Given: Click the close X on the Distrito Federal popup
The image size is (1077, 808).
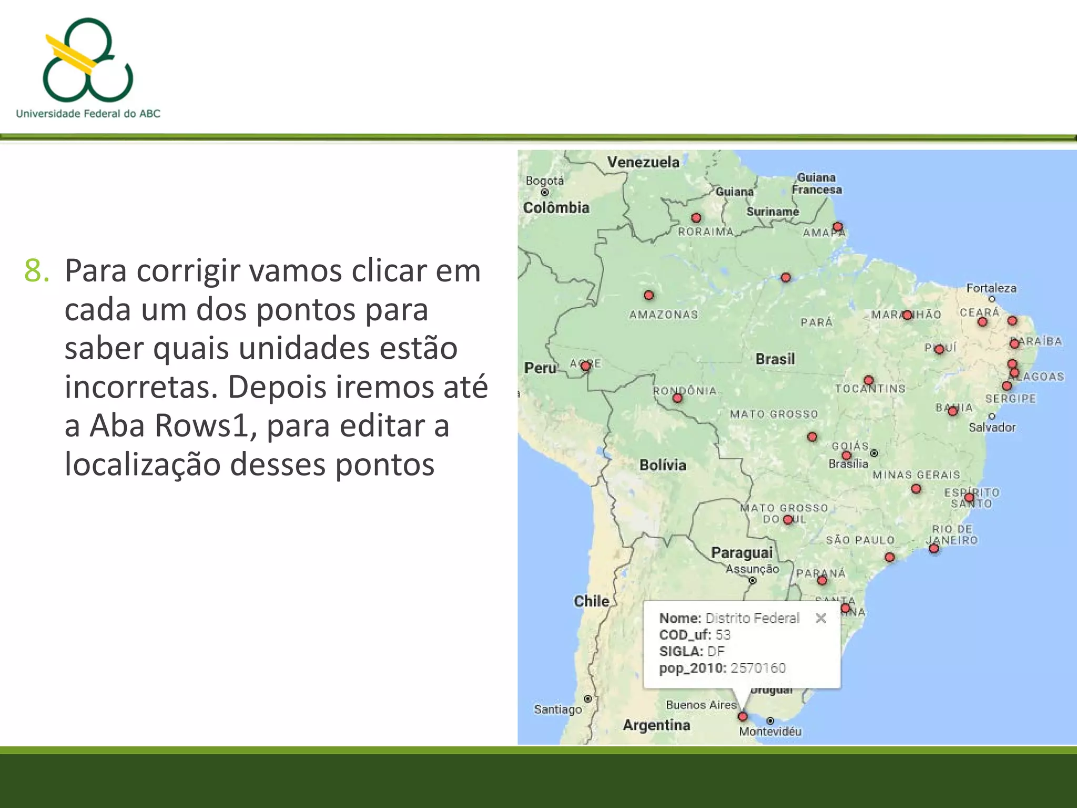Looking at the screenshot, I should (x=820, y=618).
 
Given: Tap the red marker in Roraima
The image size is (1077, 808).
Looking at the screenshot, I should (x=696, y=218).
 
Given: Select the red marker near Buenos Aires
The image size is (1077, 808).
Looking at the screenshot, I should (x=743, y=716).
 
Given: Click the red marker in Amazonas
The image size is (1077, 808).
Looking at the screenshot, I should (x=649, y=295).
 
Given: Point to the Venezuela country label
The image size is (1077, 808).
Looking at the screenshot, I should (x=643, y=162).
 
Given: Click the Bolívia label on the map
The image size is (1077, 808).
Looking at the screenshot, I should (x=663, y=465).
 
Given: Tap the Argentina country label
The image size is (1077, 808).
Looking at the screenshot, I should (x=656, y=725).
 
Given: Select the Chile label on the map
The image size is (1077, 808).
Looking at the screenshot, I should (x=592, y=601).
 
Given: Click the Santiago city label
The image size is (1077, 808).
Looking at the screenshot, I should (x=558, y=710).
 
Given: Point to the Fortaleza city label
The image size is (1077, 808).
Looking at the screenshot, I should (x=991, y=288).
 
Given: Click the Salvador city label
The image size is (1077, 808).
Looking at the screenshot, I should (x=992, y=427).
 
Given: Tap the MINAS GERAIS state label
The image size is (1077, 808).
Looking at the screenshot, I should (x=916, y=475).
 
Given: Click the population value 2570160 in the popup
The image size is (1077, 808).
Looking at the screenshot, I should (x=758, y=668).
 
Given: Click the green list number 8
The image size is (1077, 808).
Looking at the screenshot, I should (x=37, y=271).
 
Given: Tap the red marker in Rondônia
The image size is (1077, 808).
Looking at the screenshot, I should (x=677, y=398).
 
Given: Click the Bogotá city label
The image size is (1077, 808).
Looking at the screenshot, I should (x=545, y=181).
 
